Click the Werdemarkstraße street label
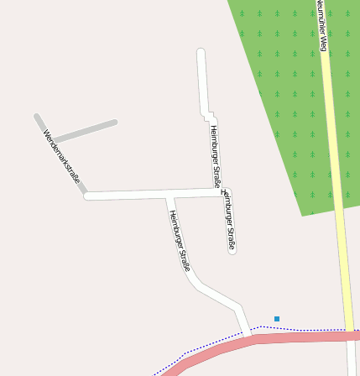(x=61, y=157)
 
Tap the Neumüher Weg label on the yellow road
(x=321, y=25)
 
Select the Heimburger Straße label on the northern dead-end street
(x=214, y=155)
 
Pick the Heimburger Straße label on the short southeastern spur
(x=228, y=220)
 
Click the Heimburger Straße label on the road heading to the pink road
(x=180, y=241)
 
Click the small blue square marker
(x=277, y=319)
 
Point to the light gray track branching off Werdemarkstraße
(x=84, y=131)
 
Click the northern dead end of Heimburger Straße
(x=201, y=53)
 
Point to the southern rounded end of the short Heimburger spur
(x=232, y=248)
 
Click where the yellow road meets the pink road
(x=348, y=335)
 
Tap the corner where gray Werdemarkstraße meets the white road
(x=86, y=196)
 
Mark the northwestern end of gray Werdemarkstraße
(x=37, y=117)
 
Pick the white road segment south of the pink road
(x=352, y=361)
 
